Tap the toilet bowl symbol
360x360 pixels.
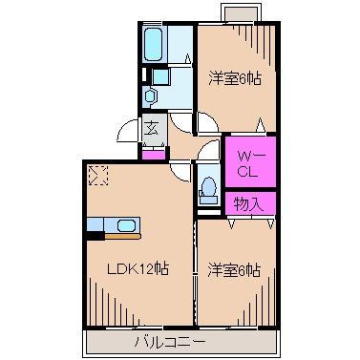[x=207, y=187]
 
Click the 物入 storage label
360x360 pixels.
[x=250, y=203]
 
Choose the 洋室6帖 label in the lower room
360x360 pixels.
[x=235, y=270]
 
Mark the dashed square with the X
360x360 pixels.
[x=96, y=175]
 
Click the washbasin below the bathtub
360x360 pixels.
[x=150, y=95]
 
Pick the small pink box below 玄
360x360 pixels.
[x=151, y=152]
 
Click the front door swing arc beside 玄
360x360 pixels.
[x=130, y=134]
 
